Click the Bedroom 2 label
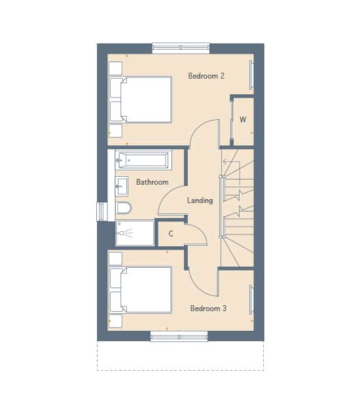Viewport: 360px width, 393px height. point(206,76)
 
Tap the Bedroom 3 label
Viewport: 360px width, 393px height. point(208,309)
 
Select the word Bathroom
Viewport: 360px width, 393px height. point(152,182)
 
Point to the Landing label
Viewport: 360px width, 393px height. point(200,200)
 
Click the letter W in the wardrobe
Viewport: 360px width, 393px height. point(243,120)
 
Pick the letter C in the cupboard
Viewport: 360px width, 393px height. point(171,234)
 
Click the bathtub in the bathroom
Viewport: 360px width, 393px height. point(143,160)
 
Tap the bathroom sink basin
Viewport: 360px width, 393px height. point(122,186)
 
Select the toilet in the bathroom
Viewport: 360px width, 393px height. point(124,208)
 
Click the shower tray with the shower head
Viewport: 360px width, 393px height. point(135,233)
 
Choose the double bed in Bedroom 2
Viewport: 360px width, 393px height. point(141,100)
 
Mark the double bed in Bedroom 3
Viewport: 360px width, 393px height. point(141,290)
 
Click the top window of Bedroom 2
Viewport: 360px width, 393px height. point(181,48)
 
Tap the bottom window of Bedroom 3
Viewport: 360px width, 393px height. point(179,337)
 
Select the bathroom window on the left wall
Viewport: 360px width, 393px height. point(102,212)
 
